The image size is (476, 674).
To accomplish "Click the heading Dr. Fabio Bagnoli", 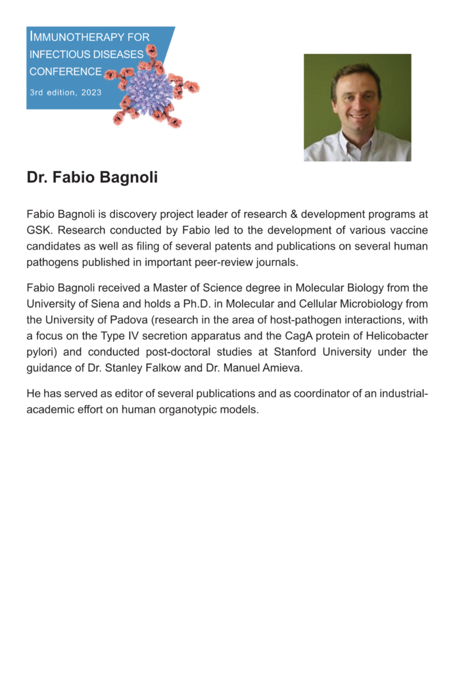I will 92,178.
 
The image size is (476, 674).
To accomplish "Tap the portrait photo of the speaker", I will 357,107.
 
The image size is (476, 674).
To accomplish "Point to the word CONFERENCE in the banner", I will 66,72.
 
